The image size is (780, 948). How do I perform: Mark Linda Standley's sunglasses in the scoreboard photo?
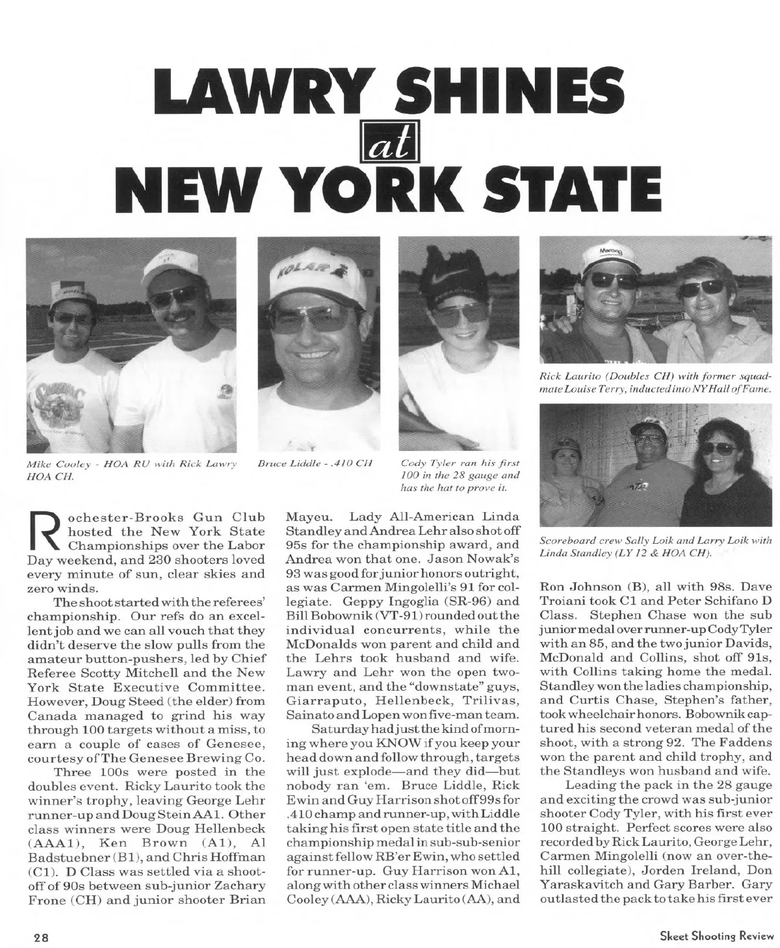click(715, 448)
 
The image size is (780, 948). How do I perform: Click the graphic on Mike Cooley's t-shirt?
click(57, 403)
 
